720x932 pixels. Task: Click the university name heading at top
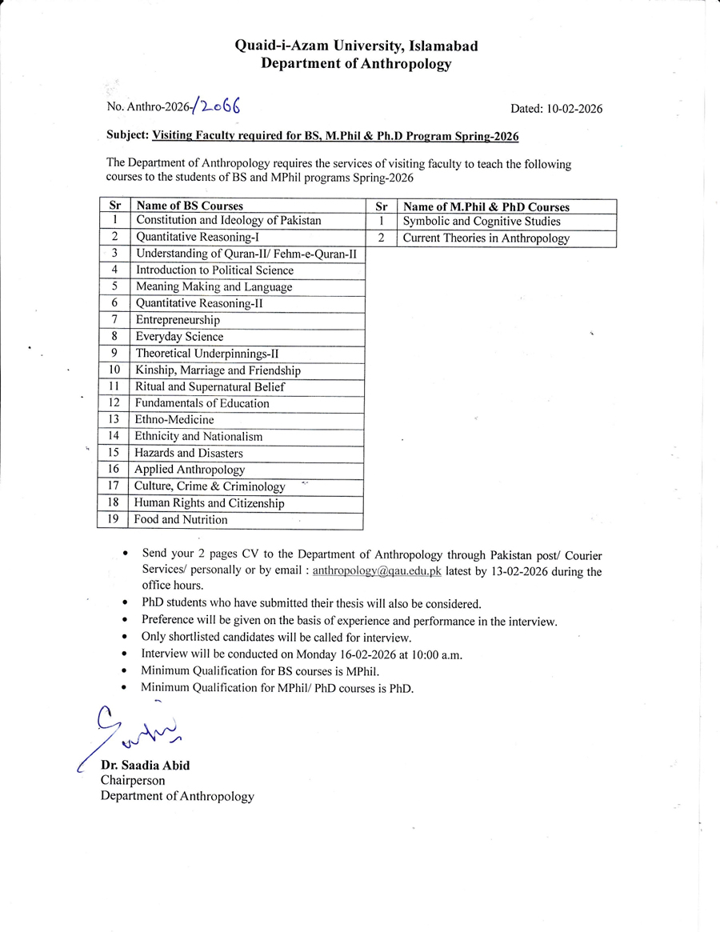pyautogui.click(x=356, y=46)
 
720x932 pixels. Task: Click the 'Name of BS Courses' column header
pyautogui.click(x=190, y=206)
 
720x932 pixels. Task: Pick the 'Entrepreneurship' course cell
pyautogui.click(x=178, y=320)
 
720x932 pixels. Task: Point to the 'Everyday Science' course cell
pyautogui.click(x=179, y=337)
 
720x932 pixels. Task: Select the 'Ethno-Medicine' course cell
pyautogui.click(x=174, y=420)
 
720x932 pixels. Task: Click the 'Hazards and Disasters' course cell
pyautogui.click(x=189, y=454)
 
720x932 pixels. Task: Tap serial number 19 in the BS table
pyautogui.click(x=113, y=520)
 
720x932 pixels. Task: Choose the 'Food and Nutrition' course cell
pyautogui.click(x=181, y=520)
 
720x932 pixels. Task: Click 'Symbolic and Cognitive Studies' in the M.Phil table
pyautogui.click(x=482, y=222)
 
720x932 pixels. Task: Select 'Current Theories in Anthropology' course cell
pyautogui.click(x=486, y=238)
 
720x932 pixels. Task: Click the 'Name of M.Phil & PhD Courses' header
pyautogui.click(x=486, y=206)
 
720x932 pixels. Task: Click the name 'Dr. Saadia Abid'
pyautogui.click(x=145, y=766)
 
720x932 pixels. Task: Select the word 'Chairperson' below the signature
pyautogui.click(x=133, y=781)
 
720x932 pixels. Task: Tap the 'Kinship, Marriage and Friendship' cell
pyautogui.click(x=218, y=370)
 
